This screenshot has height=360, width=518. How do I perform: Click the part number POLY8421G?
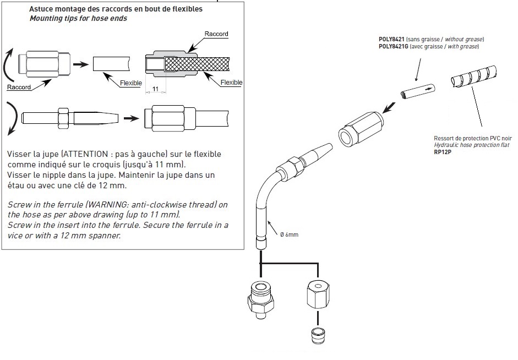(394, 47)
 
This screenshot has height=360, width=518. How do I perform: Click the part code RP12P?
(443, 152)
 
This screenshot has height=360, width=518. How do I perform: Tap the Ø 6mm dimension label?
(289, 234)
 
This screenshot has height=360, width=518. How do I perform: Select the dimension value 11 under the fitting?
(156, 89)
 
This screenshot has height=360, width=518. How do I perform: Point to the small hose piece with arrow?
(418, 91)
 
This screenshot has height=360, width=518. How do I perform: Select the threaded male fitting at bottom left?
(261, 299)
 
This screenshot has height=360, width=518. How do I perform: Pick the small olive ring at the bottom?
(318, 336)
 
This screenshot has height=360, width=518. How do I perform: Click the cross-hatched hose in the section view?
(197, 64)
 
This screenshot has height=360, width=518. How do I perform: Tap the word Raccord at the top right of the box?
(216, 34)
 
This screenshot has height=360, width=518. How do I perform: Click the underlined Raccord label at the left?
(19, 87)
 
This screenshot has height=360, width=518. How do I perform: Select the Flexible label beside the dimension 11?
(131, 83)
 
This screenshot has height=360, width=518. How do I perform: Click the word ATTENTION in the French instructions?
(85, 154)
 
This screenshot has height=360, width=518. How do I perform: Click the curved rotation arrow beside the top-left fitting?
(8, 64)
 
